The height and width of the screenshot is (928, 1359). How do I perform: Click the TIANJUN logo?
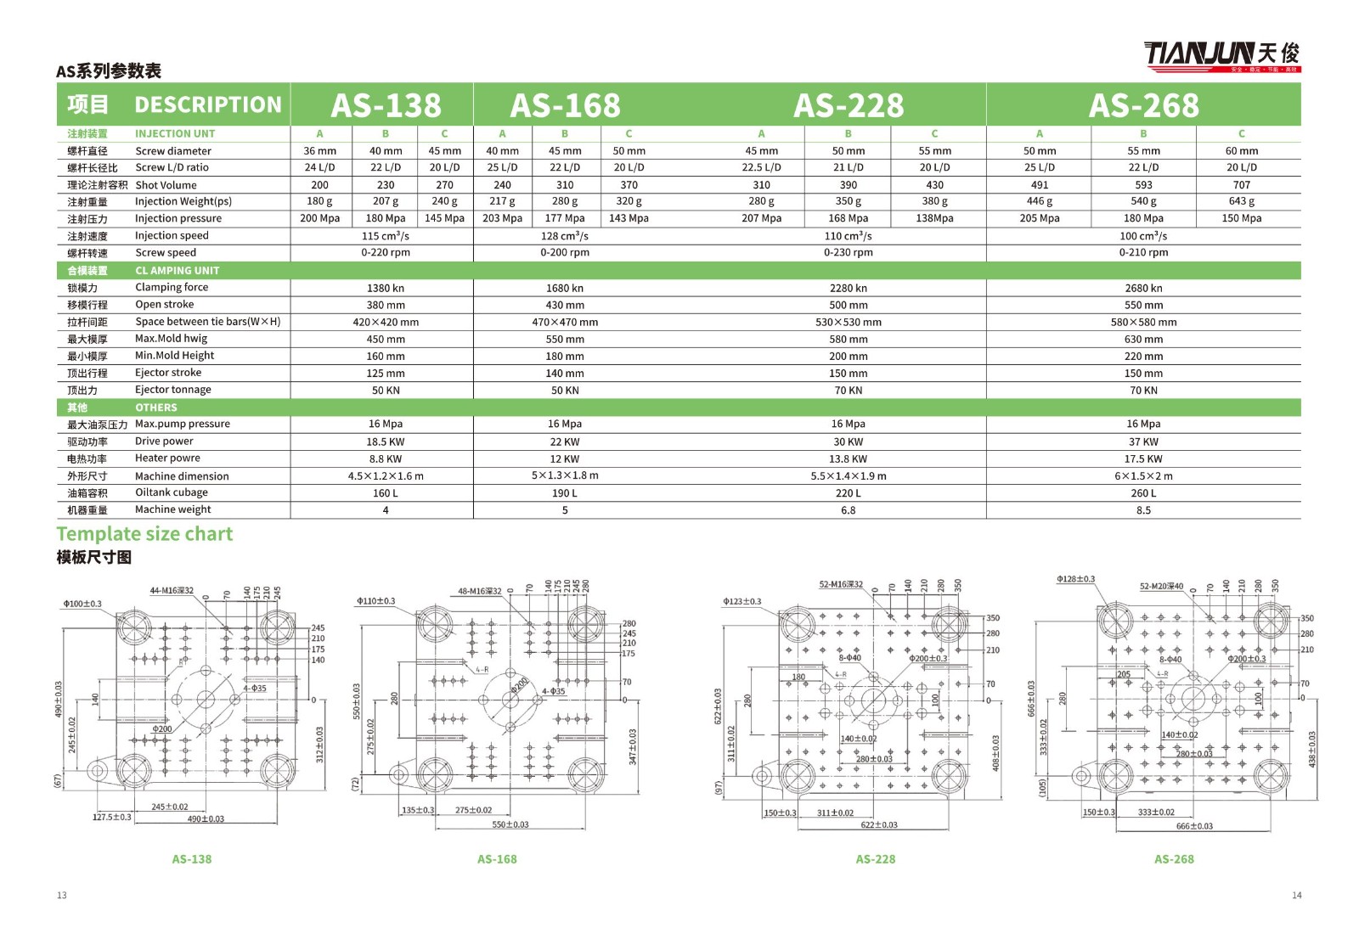1221,55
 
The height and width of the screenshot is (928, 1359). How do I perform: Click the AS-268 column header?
1143,105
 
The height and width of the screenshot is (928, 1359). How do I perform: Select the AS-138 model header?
386,105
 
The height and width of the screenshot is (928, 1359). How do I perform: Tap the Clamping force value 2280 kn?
848,288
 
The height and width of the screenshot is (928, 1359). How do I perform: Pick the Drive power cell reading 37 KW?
1143,442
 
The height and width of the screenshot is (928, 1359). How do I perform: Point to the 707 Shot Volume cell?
1241,185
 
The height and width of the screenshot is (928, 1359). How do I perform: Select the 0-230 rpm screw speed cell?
848,253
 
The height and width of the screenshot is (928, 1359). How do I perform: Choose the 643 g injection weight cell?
1241,202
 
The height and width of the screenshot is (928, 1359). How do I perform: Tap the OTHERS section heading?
156,408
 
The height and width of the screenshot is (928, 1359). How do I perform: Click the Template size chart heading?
144,534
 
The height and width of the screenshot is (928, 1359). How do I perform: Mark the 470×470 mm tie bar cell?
565,323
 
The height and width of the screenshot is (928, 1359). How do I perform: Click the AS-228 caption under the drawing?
875,859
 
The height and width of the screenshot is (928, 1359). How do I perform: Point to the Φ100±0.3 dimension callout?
82,605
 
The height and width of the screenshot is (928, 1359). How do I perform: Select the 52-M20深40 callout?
1161,587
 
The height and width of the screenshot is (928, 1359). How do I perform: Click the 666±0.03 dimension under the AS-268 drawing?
1194,826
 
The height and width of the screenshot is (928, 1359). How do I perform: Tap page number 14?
1296,895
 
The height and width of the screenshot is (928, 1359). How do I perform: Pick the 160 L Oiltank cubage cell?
386,493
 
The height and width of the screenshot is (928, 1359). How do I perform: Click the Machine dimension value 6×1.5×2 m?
1143,476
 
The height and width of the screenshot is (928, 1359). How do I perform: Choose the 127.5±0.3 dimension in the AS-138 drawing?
112,818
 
